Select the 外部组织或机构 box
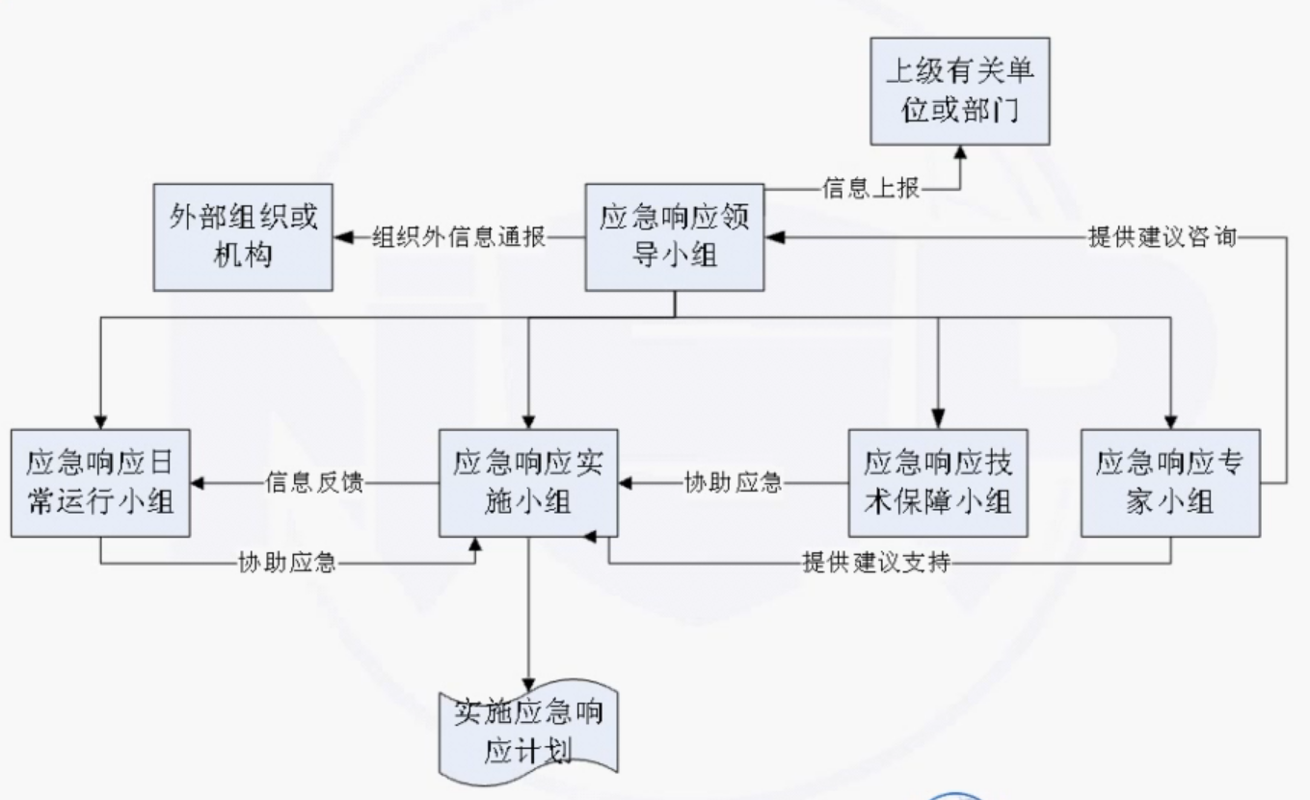coord(243,237)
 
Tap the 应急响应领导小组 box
coord(675,237)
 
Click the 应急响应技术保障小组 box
coord(937,482)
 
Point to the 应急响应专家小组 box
coord(1170,482)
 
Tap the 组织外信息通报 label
coord(459,237)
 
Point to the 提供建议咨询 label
coord(1162,237)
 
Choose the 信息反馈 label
coord(314,482)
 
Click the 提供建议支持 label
coord(875,563)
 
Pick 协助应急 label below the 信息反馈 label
coord(287,563)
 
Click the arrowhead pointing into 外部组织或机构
coord(342,237)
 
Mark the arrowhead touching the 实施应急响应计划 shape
coord(528,682)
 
